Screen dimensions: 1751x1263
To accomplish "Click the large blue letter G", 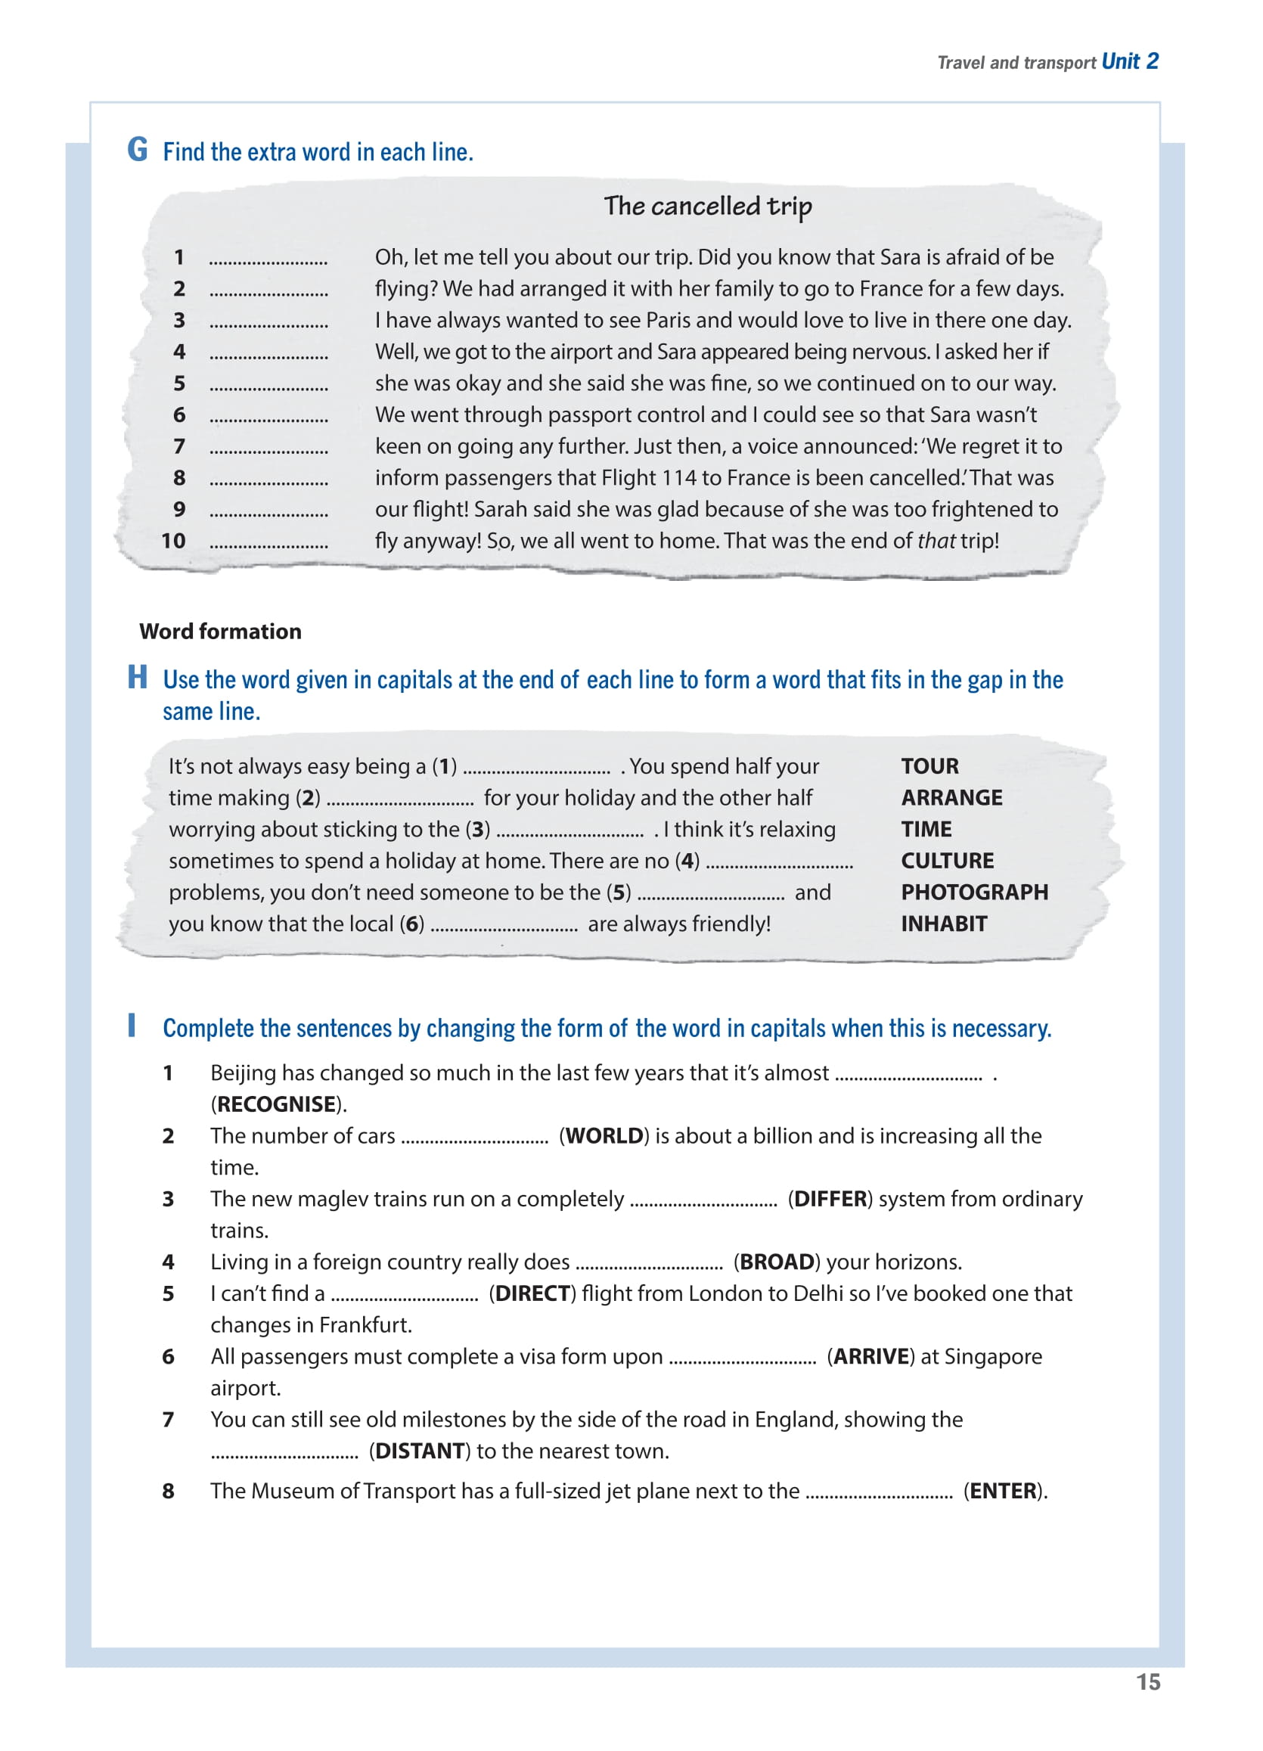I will (x=138, y=150).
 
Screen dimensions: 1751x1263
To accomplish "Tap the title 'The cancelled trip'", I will (x=707, y=206).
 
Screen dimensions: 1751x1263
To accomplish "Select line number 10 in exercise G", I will (x=174, y=542).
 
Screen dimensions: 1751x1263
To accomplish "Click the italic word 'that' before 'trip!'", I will (x=936, y=542).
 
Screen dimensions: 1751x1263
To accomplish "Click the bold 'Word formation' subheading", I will (x=220, y=632).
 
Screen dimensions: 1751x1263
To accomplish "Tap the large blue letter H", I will (x=138, y=678).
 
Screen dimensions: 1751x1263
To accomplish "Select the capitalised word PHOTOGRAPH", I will (x=974, y=893).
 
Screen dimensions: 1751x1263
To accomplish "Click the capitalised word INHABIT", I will (x=943, y=924).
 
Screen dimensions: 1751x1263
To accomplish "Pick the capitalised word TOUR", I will (x=929, y=767).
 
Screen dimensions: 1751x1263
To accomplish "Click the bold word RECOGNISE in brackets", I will (x=276, y=1105).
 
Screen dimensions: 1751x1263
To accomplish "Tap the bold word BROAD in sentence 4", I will (x=777, y=1262).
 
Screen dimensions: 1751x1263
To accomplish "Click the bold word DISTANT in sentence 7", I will (x=420, y=1451).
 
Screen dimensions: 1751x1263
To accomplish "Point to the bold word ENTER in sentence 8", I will (x=1003, y=1491).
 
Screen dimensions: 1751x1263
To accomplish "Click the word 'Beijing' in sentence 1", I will (x=243, y=1073).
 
